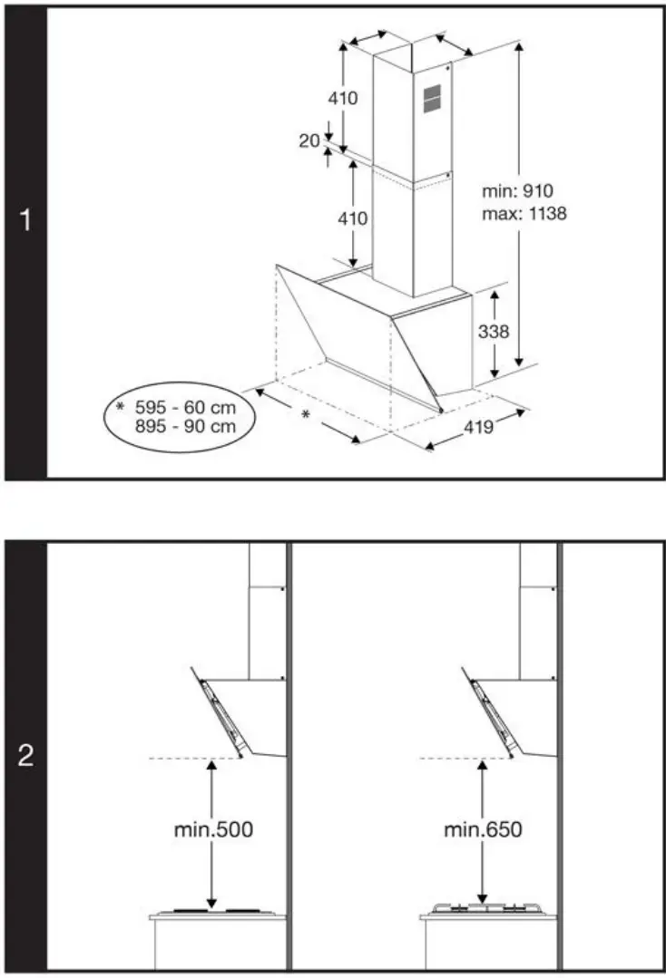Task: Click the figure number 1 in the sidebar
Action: point(25,219)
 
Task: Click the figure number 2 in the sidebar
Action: point(25,756)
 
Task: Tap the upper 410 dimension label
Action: point(342,99)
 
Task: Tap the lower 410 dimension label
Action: point(352,218)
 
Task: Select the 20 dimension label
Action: point(309,140)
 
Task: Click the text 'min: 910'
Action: point(517,191)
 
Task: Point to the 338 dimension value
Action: point(493,332)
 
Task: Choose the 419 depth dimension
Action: point(477,425)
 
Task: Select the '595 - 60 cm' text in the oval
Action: point(184,407)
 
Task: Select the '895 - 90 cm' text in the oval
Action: point(184,426)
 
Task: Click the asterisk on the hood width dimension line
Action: point(306,415)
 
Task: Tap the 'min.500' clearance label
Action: point(214,828)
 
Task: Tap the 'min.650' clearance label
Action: point(483,828)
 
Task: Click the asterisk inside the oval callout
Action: point(119,407)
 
